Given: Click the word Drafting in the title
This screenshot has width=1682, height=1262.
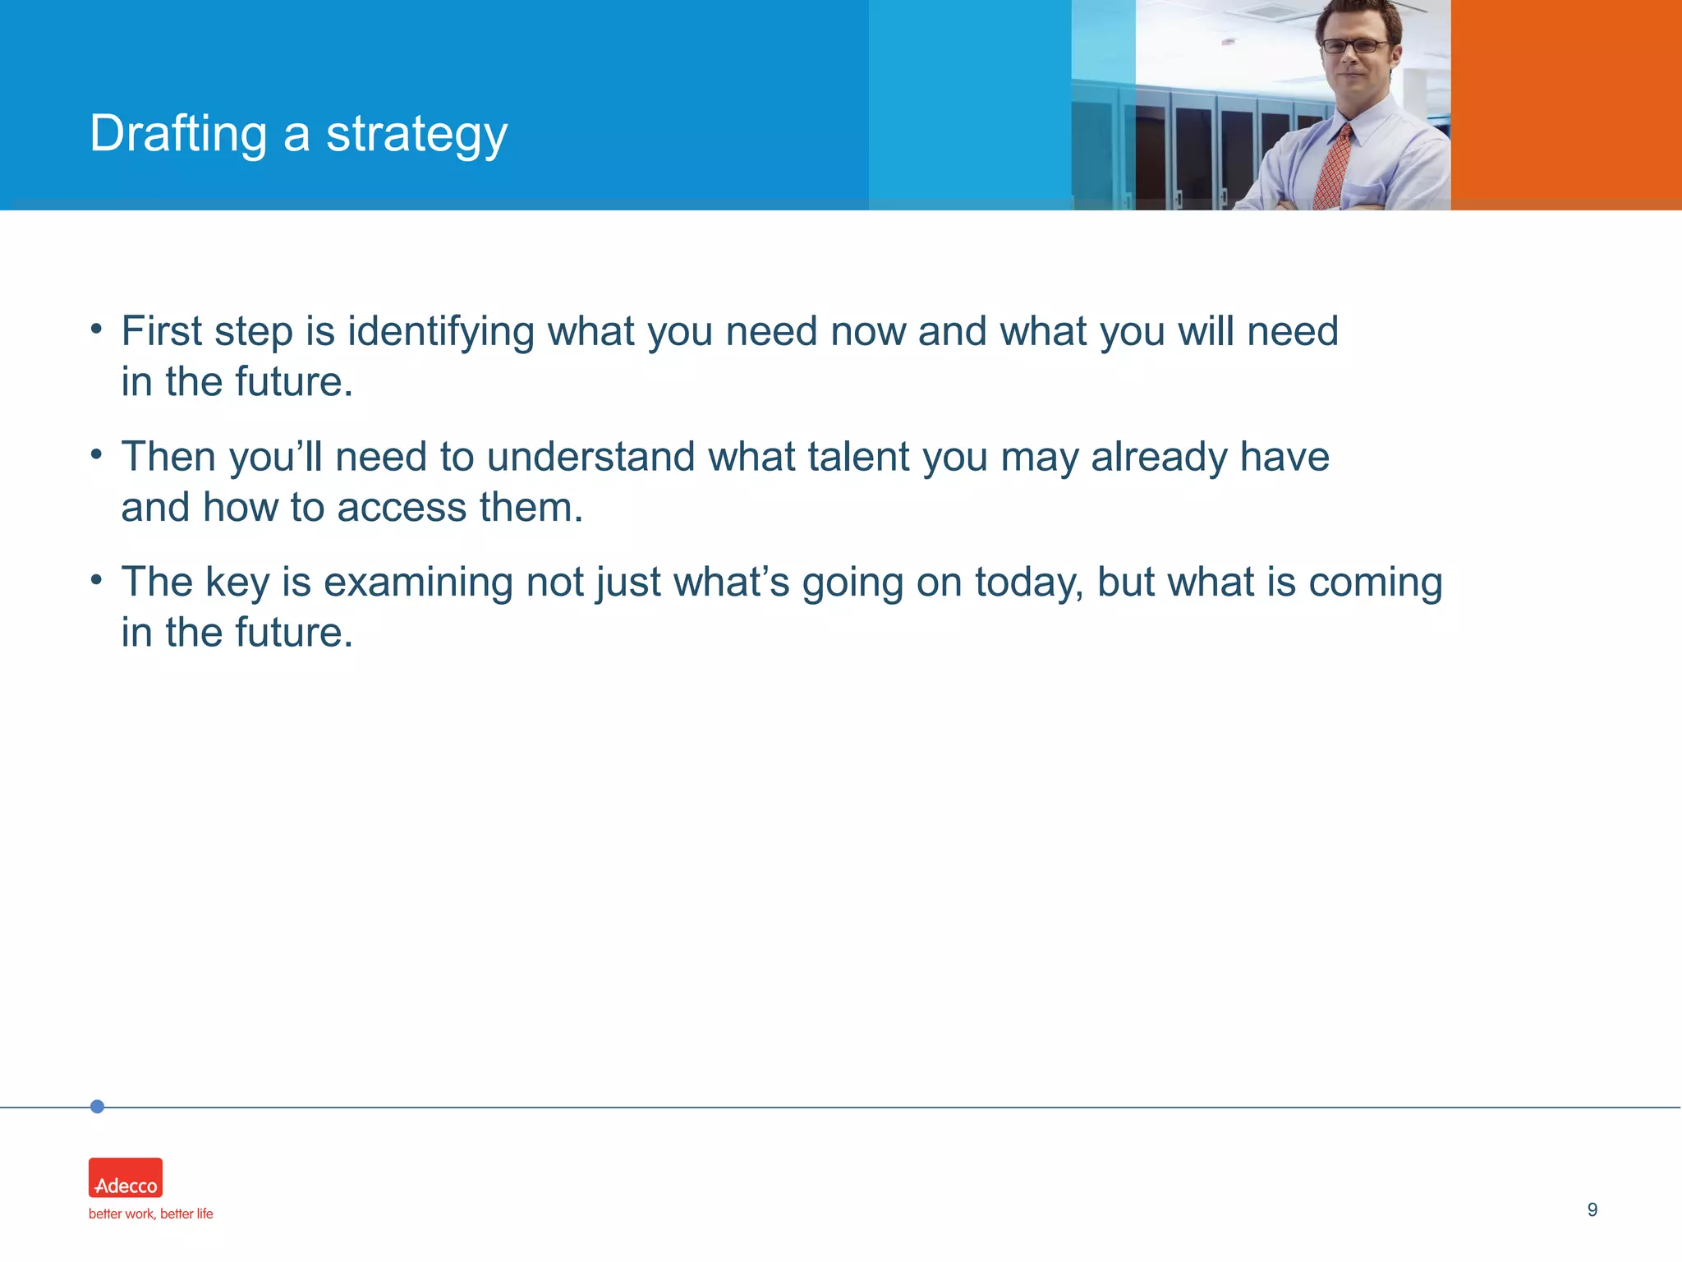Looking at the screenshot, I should pyautogui.click(x=178, y=134).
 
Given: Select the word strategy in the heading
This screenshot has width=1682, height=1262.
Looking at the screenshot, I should pyautogui.click(x=416, y=136).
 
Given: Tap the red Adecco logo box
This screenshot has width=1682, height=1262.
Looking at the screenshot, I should pyautogui.click(x=126, y=1177).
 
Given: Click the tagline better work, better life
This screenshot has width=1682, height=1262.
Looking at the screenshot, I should pyautogui.click(x=150, y=1214).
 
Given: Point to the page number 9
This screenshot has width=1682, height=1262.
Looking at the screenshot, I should pyautogui.click(x=1592, y=1209).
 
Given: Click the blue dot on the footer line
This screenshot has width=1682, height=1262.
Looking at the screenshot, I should pyautogui.click(x=97, y=1107).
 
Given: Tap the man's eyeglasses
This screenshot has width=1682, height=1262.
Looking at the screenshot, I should pyautogui.click(x=1356, y=46).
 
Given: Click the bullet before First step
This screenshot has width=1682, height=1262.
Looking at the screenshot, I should pyautogui.click(x=96, y=329).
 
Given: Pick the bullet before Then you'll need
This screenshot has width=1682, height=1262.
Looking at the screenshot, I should pyautogui.click(x=96, y=454).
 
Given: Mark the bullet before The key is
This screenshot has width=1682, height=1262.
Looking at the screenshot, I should pyautogui.click(x=96, y=579).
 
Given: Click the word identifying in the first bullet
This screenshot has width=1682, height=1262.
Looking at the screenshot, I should pyautogui.click(x=440, y=332).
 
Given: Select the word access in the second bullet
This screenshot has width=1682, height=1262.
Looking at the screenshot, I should pyautogui.click(x=402, y=507).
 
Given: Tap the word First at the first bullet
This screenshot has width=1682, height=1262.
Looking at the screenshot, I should pyautogui.click(x=162, y=331).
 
